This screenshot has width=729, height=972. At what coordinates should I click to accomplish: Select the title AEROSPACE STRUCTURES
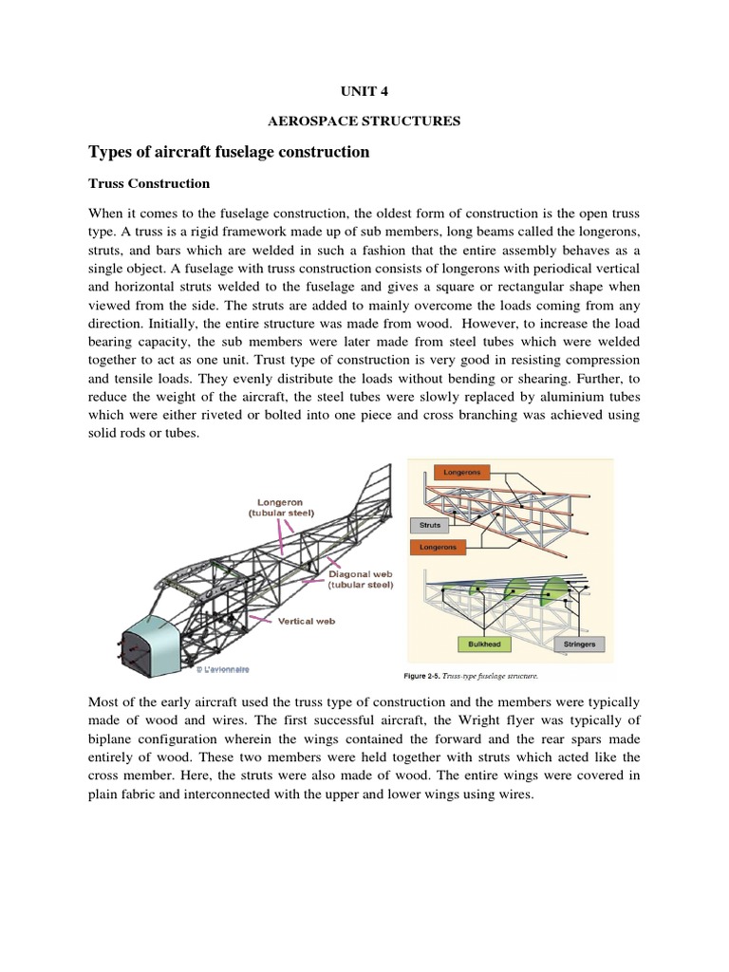(x=364, y=121)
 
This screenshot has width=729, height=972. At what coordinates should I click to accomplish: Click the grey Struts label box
(x=428, y=524)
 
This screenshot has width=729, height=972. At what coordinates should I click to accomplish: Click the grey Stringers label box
(x=579, y=644)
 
